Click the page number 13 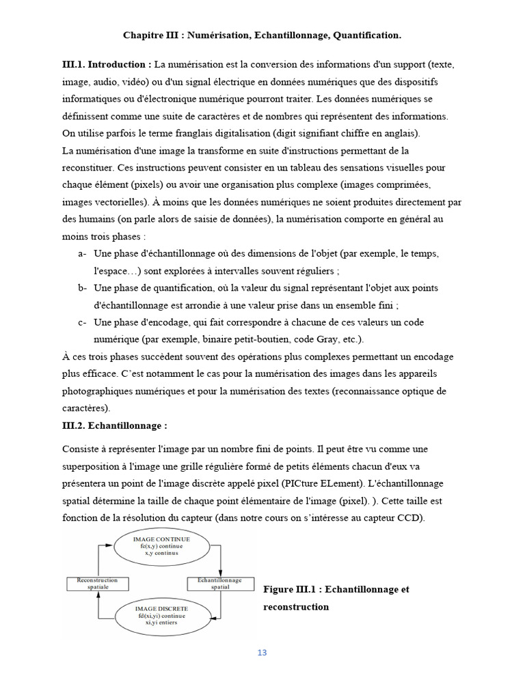(x=262, y=653)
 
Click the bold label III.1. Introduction (x=107, y=64)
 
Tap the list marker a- (x=82, y=253)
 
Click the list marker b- (x=82, y=287)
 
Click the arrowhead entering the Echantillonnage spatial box (x=221, y=574)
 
